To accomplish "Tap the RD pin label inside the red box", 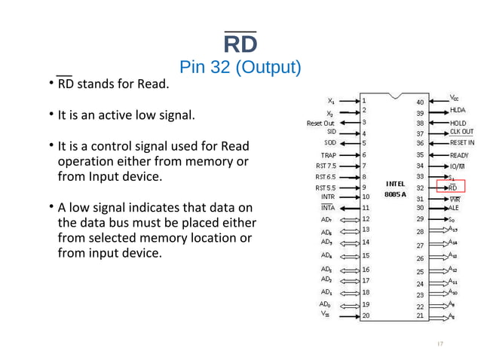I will pos(452,187).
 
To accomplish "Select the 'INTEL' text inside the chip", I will pos(395,183).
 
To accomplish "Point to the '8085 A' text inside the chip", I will pos(395,194).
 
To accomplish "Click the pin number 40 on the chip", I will pos(420,102).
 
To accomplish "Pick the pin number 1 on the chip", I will pos(365,99).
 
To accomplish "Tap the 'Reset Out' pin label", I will pos(320,122).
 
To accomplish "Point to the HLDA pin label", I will pos(458,111).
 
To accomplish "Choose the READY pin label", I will pos(459,155).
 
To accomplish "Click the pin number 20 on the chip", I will pos(366,316).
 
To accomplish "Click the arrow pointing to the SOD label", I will pos(348,142).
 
